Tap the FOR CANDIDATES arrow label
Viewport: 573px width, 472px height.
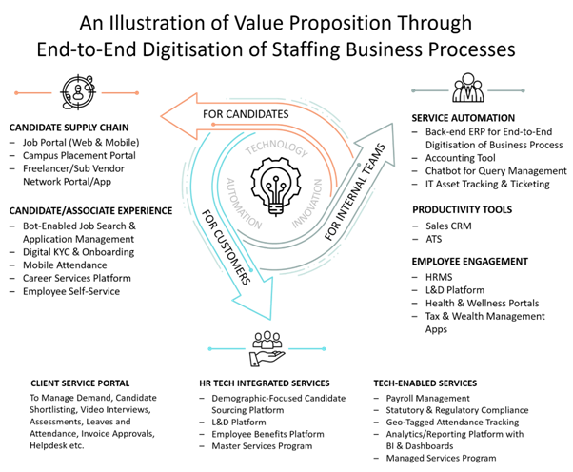point(245,114)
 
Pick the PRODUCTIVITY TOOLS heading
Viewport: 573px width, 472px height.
point(461,209)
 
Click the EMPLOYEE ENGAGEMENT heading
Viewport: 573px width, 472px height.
point(469,260)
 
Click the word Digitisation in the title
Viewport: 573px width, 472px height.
point(230,47)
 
